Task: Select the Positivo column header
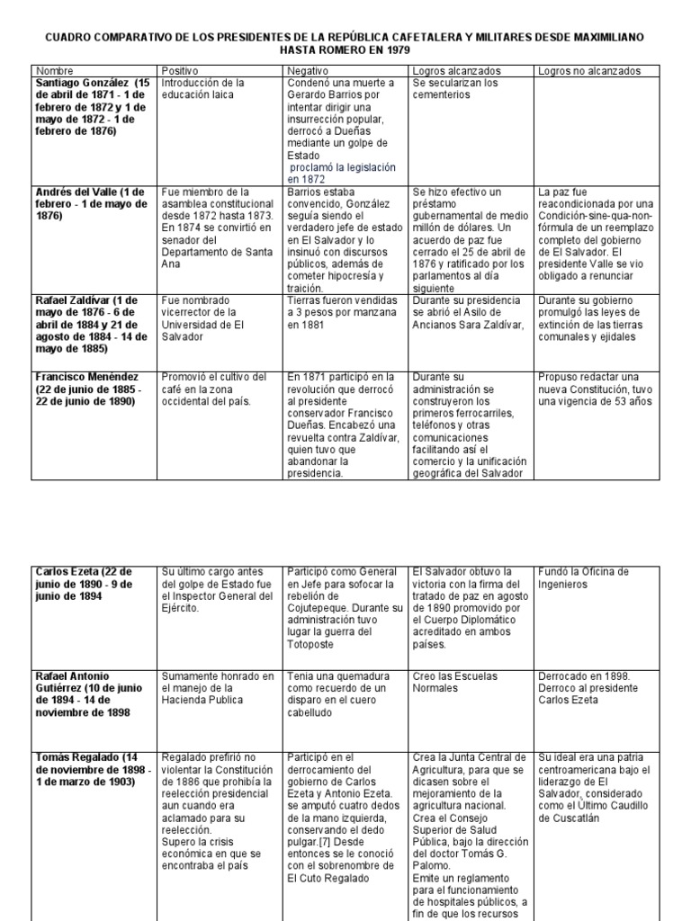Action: (180, 69)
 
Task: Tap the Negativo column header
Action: (308, 69)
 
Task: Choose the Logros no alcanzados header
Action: (588, 69)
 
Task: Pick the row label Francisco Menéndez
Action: (84, 376)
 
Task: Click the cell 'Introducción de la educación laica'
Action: (202, 88)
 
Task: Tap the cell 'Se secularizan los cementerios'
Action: (455, 88)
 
